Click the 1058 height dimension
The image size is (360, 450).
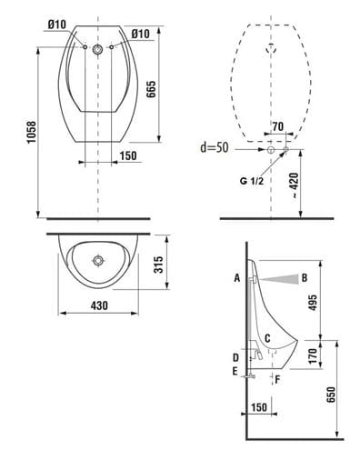(31, 133)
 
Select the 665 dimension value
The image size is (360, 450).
(151, 89)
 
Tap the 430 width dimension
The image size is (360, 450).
(99, 305)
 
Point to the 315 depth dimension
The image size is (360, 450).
(158, 265)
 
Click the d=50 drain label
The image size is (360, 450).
(215, 147)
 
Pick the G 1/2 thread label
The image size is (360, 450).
(252, 181)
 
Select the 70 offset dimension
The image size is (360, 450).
(277, 126)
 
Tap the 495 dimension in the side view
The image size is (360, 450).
(313, 302)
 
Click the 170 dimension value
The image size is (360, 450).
(313, 355)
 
